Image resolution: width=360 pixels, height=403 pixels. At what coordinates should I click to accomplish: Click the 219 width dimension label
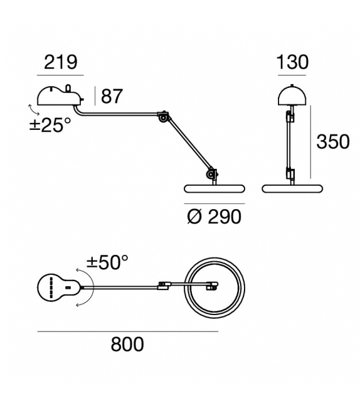[x=61, y=62]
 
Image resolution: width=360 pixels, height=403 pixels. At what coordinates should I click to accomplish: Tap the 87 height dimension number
[x=111, y=97]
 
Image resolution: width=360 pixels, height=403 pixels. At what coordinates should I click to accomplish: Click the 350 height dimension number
[x=332, y=142]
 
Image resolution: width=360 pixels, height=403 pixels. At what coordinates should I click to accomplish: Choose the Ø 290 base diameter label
[x=214, y=217]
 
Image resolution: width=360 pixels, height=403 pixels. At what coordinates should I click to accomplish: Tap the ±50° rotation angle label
[x=107, y=262]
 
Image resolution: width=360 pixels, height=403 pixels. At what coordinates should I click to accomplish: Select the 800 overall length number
[x=127, y=344]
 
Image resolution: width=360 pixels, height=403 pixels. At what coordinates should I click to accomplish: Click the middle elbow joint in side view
[x=164, y=117]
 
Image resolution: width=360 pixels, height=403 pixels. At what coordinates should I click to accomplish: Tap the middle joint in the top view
[x=164, y=286]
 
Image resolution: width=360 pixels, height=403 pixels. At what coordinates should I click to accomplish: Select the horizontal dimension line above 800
[x=127, y=331]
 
